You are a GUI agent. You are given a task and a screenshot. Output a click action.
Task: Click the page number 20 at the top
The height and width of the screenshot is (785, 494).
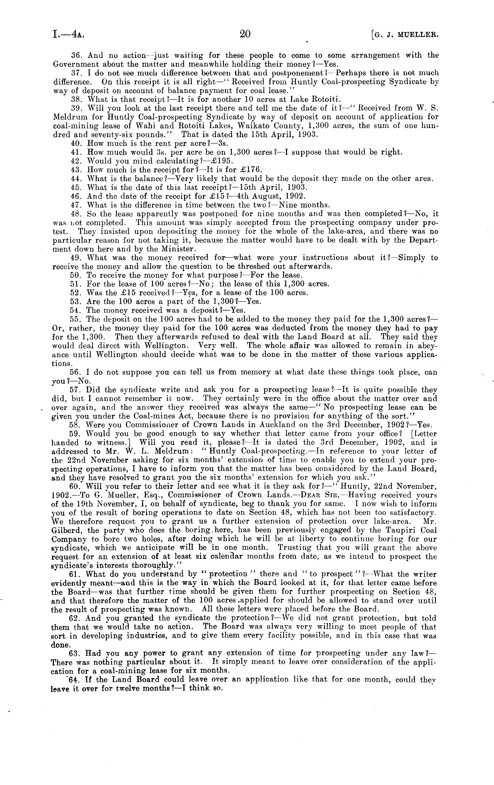(x=245, y=34)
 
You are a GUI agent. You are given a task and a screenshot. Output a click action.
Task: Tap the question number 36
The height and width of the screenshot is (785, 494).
(x=76, y=55)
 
